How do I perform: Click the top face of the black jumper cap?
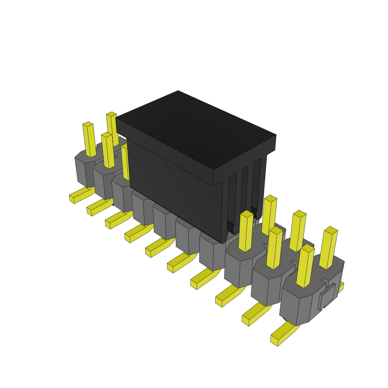coord(195,129)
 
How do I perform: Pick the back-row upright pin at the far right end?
coord(328,248)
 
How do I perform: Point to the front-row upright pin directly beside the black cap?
coord(246,231)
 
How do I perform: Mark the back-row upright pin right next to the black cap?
coord(269,214)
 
